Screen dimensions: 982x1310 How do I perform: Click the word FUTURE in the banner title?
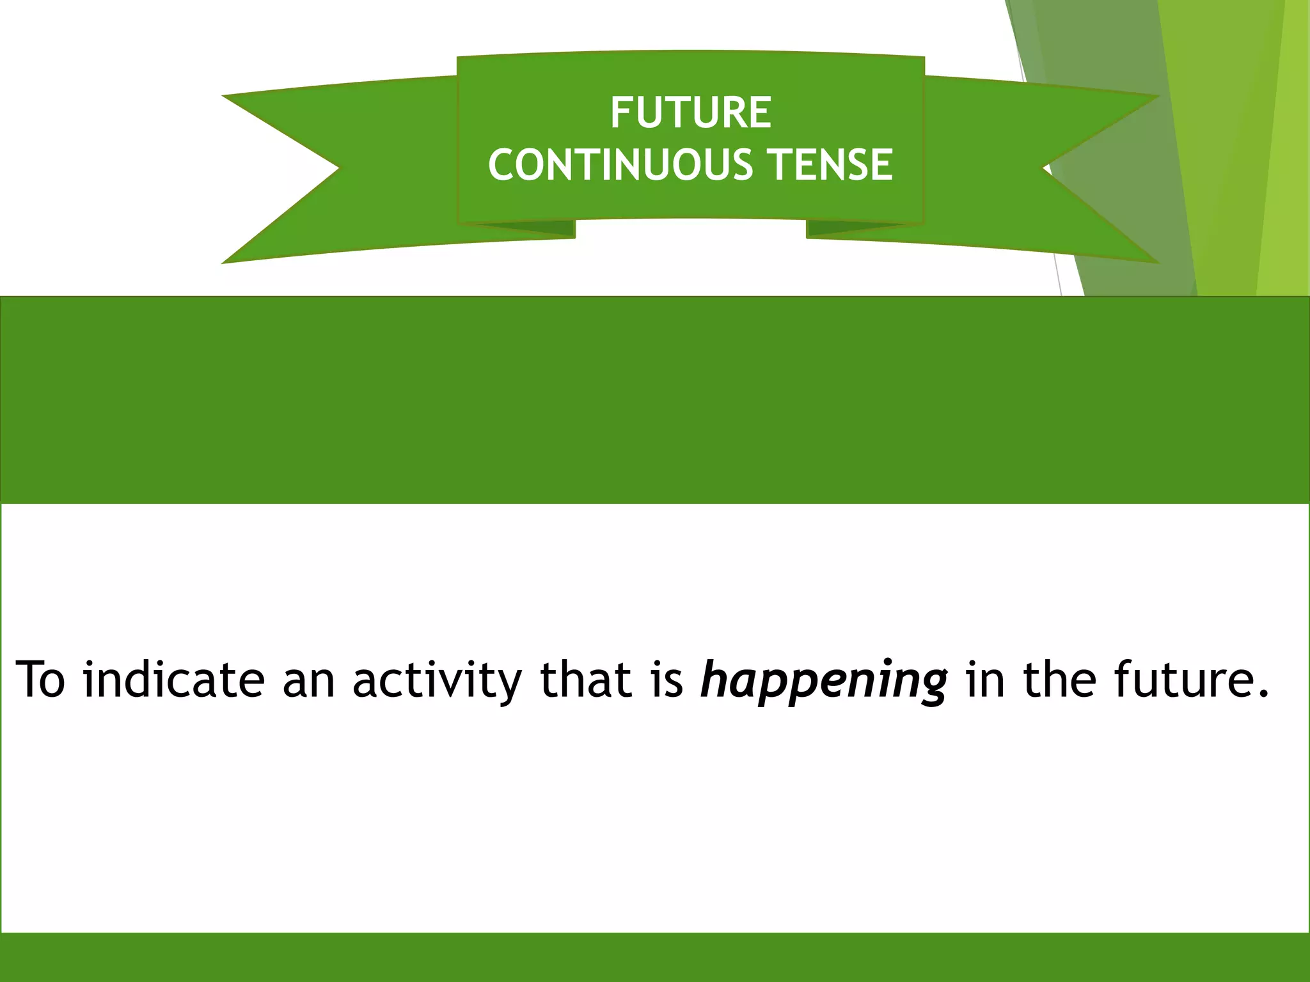691,113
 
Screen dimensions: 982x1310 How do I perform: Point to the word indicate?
173,679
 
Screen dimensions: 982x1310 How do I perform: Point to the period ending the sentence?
1262,694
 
